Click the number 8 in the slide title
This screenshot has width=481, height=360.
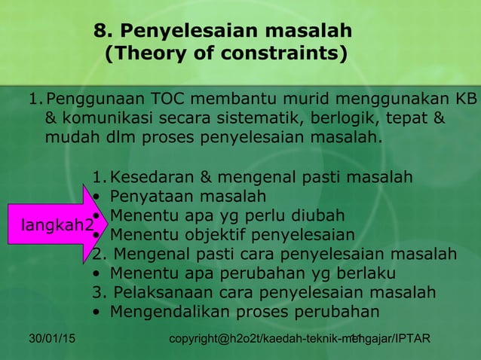[x=99, y=32]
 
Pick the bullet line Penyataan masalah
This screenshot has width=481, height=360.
[x=188, y=197]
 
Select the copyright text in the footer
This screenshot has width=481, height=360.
[x=300, y=341]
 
